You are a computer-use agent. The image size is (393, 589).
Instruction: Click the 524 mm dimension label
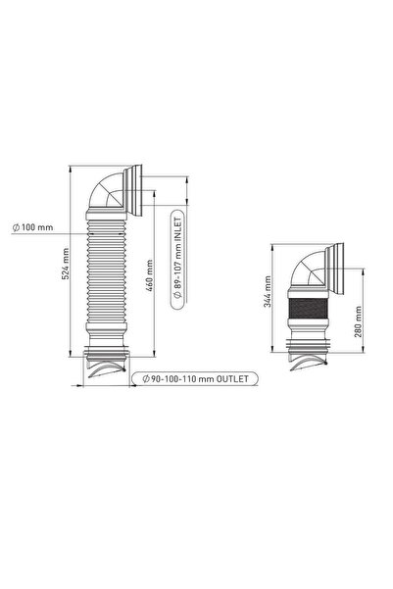tap(65, 264)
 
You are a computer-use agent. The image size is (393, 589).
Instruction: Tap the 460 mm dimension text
tap(149, 275)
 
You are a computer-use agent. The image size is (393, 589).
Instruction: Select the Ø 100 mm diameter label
tap(33, 227)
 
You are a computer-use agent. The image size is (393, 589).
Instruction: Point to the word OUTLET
tap(232, 378)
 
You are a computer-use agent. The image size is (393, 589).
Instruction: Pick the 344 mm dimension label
tap(268, 291)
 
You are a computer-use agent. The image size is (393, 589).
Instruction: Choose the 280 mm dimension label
tap(358, 321)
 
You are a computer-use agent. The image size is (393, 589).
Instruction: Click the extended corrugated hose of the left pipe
tap(106, 270)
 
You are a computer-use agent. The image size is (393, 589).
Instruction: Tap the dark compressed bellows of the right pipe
tap(308, 308)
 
